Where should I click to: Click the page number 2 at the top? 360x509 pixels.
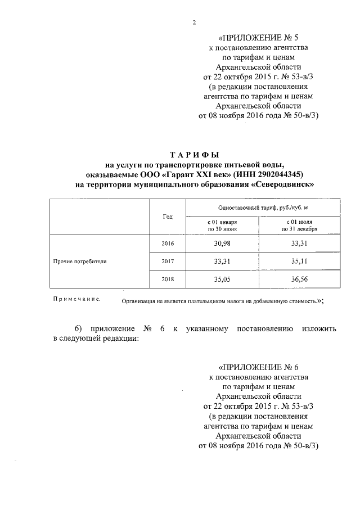click(x=194, y=22)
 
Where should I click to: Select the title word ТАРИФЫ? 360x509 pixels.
click(x=194, y=154)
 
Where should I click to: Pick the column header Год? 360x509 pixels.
click(x=168, y=217)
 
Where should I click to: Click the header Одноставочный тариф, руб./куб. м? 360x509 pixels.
click(x=258, y=208)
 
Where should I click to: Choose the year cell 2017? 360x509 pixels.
click(x=168, y=261)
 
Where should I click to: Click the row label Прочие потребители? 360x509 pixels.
click(x=79, y=261)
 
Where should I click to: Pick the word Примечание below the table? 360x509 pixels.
click(x=76, y=299)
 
